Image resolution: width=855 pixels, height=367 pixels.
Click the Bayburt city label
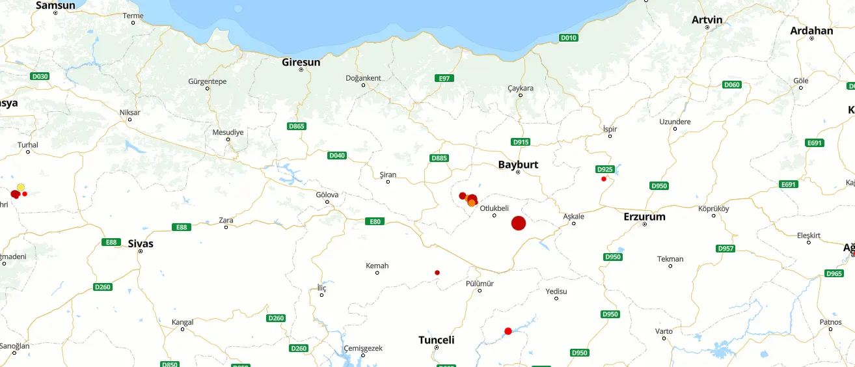518,164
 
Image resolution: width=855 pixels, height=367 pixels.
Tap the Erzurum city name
644,216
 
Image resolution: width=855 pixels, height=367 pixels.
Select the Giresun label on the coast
301,62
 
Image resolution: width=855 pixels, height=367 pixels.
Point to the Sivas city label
141,243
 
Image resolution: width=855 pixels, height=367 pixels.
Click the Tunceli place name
436,340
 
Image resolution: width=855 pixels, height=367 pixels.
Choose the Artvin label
707,20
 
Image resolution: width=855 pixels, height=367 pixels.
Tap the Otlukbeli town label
494,208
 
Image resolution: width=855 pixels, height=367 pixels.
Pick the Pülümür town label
480,284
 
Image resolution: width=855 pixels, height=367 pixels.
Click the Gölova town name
327,195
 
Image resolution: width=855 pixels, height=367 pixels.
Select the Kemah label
377,265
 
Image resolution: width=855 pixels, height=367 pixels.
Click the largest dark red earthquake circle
519,223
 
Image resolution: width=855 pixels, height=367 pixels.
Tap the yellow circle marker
21,187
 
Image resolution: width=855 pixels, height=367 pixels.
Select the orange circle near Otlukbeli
472,203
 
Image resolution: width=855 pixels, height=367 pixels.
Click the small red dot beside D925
604,179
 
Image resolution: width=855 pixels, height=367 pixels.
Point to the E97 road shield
444,78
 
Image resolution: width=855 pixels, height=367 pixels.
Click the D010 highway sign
569,38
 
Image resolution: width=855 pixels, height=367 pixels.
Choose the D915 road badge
521,142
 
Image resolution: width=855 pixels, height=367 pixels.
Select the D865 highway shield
296,126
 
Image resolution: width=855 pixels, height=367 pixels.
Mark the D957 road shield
725,249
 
